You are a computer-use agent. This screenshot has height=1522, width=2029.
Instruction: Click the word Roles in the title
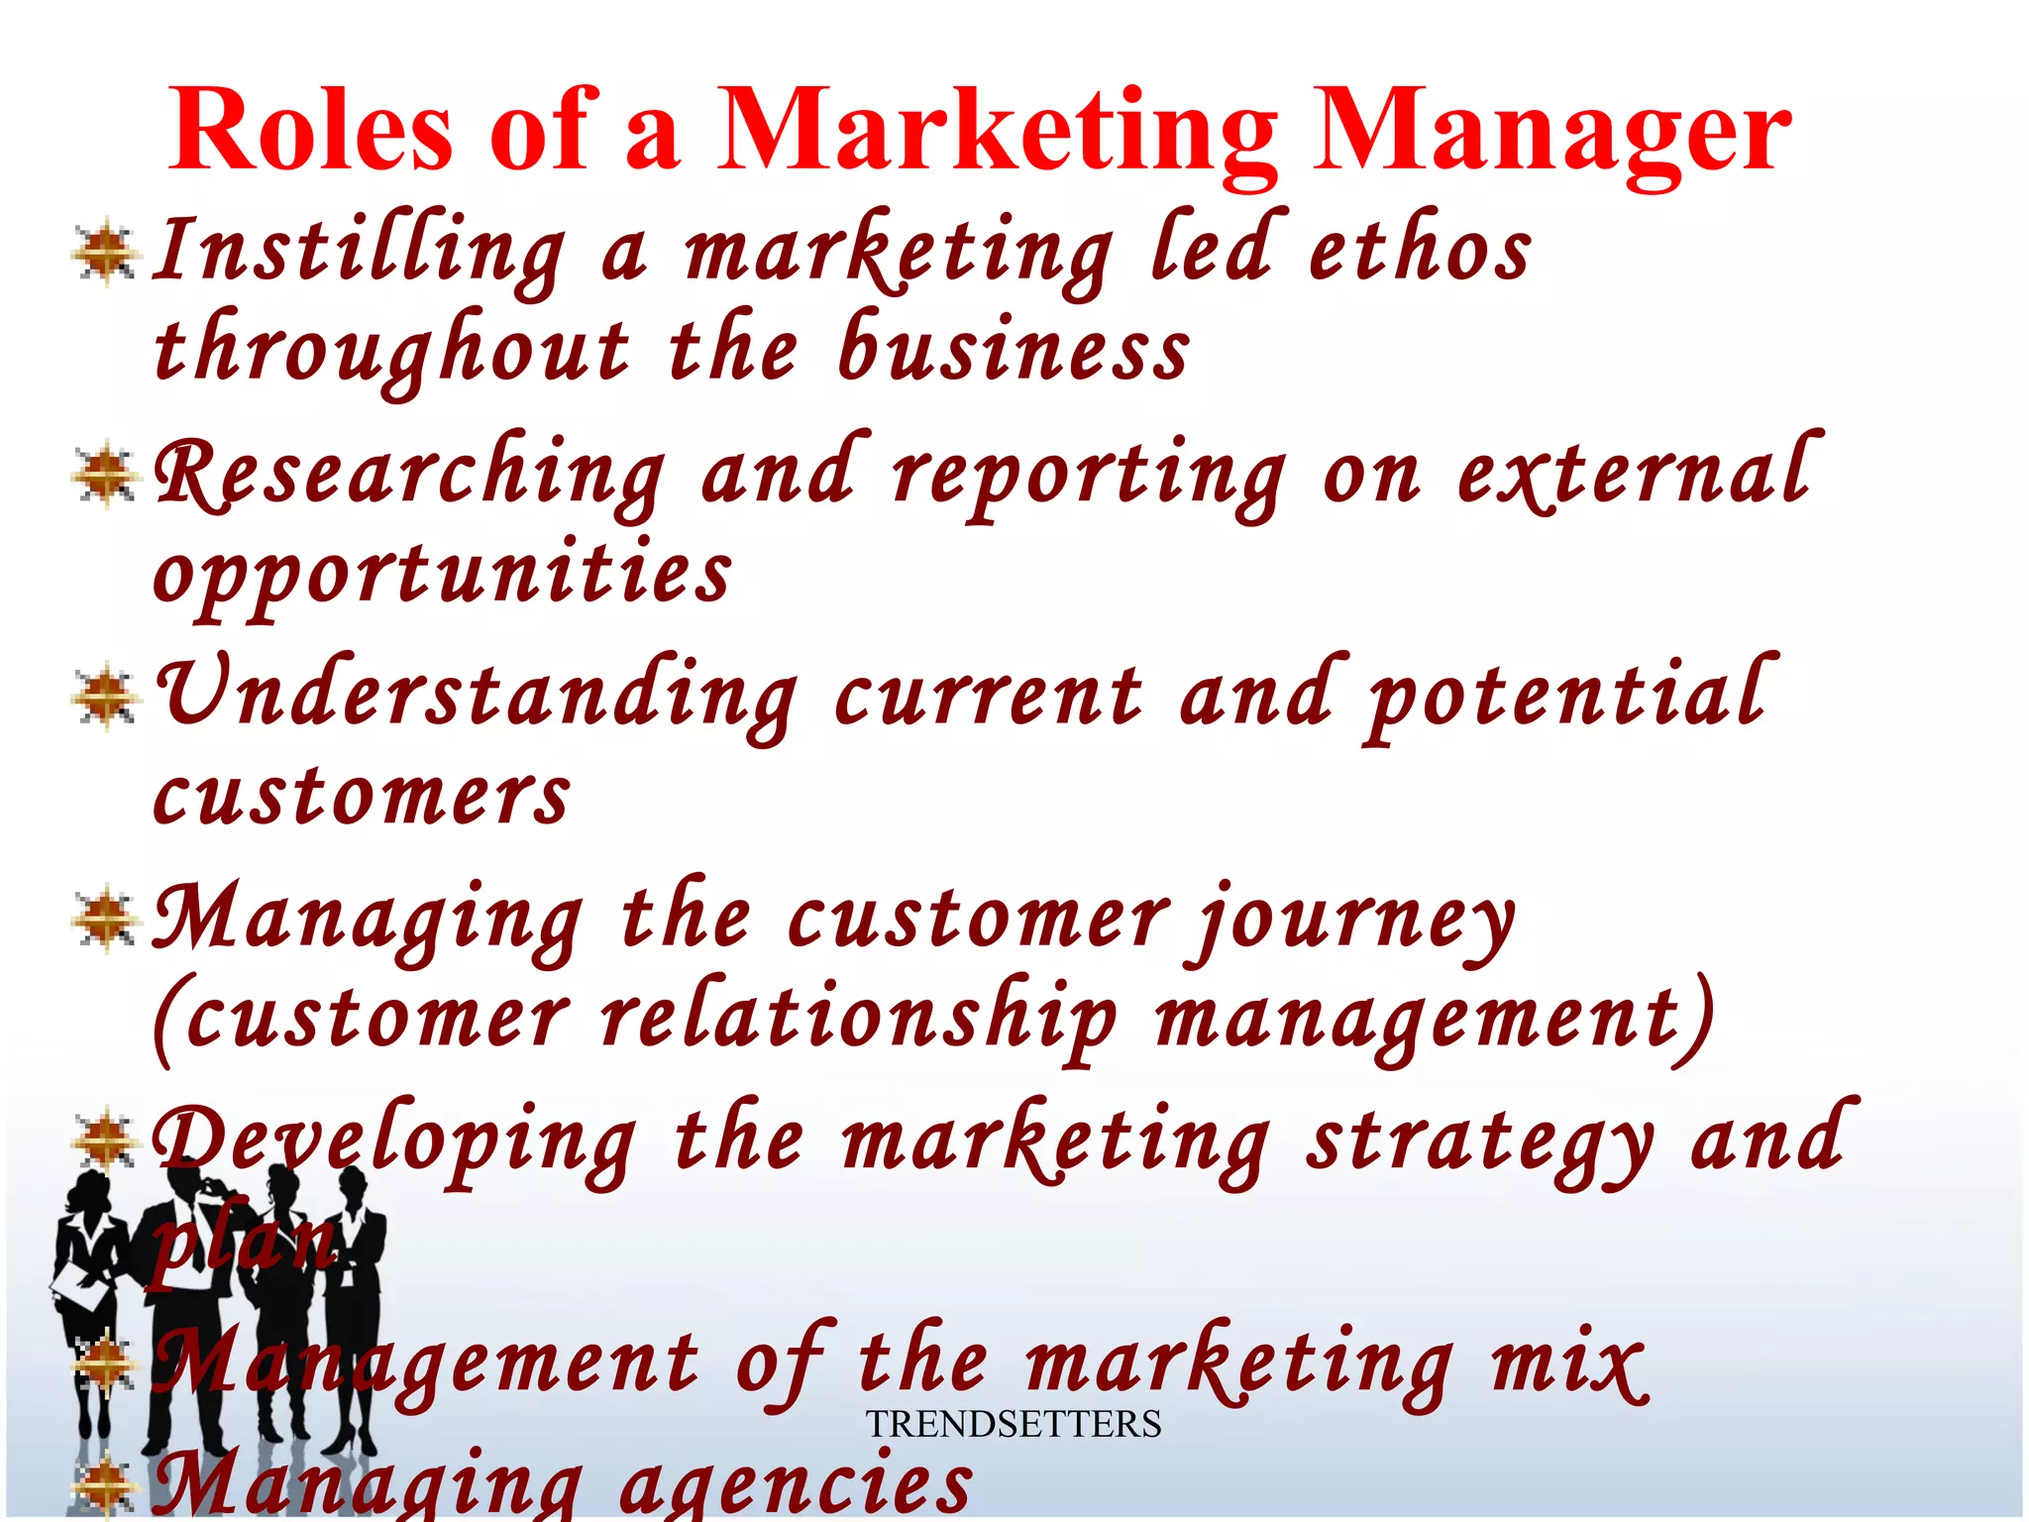pyautogui.click(x=310, y=130)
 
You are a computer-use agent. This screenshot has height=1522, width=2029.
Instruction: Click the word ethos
pyautogui.click(x=1419, y=250)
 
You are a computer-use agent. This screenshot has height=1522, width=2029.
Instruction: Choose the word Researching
pyautogui.click(x=409, y=474)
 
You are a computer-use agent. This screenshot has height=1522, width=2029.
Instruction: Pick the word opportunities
pyautogui.click(x=442, y=575)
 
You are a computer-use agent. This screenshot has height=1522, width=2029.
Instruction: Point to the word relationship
pyautogui.click(x=858, y=1019)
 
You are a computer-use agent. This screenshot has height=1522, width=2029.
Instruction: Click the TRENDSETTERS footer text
pyautogui.click(x=1014, y=1424)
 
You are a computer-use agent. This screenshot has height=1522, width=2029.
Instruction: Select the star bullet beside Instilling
pyautogui.click(x=105, y=254)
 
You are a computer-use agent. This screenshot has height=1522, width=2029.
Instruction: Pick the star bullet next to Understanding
pyautogui.click(x=105, y=698)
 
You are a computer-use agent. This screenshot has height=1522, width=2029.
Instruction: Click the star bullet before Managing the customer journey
pyautogui.click(x=105, y=920)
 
